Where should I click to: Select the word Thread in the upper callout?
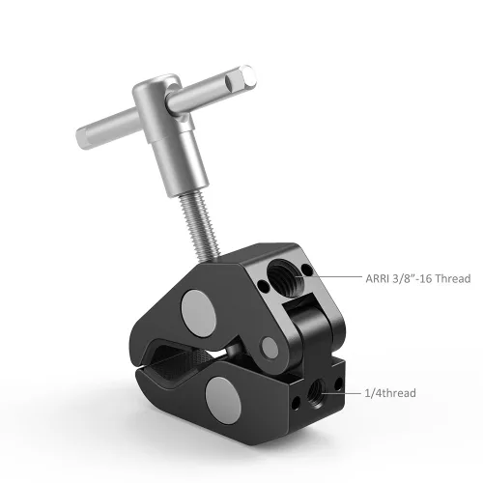(x=453, y=278)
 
